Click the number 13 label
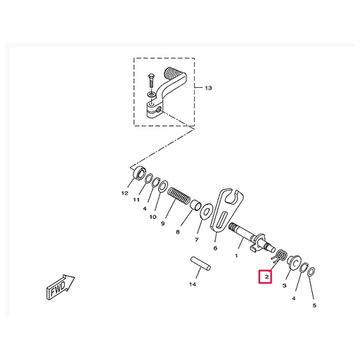tap(207, 88)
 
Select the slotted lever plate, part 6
tap(226, 210)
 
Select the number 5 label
tap(314, 305)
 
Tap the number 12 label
tap(124, 193)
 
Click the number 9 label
tap(162, 224)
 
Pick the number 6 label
tap(215, 248)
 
